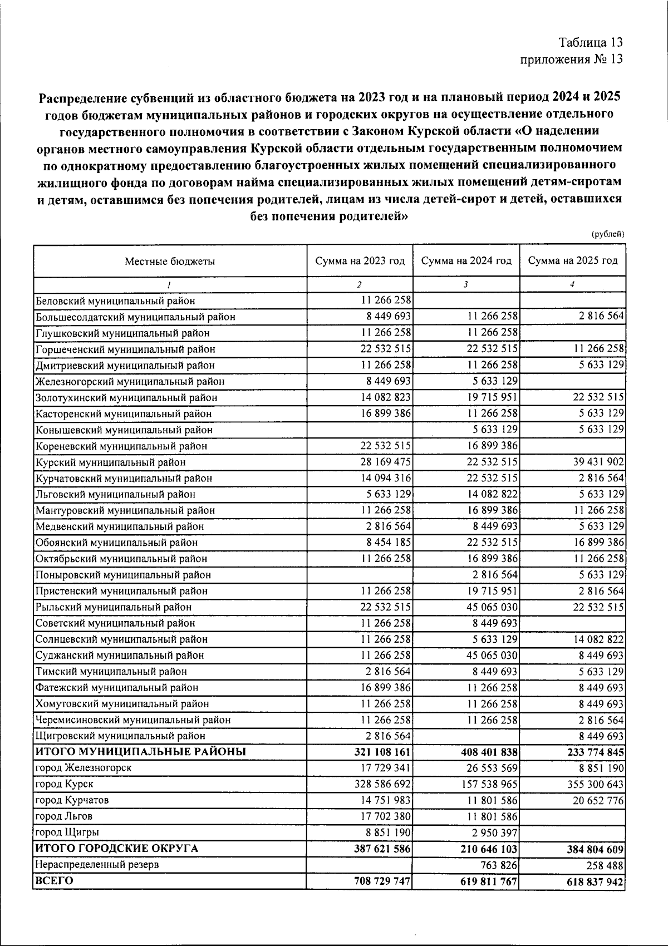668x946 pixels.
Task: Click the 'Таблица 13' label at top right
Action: [591, 42]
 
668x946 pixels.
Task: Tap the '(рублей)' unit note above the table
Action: [607, 235]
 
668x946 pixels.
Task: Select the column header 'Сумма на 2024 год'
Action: [466, 261]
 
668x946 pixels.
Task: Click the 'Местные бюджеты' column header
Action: [169, 261]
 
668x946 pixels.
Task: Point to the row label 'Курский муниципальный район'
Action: [110, 462]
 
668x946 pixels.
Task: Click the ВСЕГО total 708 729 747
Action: [382, 881]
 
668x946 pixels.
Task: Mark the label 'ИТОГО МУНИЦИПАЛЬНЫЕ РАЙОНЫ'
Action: [140, 752]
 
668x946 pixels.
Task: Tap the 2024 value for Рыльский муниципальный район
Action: [492, 607]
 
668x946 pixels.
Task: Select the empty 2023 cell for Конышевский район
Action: [360, 430]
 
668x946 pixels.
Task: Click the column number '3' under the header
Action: [465, 284]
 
